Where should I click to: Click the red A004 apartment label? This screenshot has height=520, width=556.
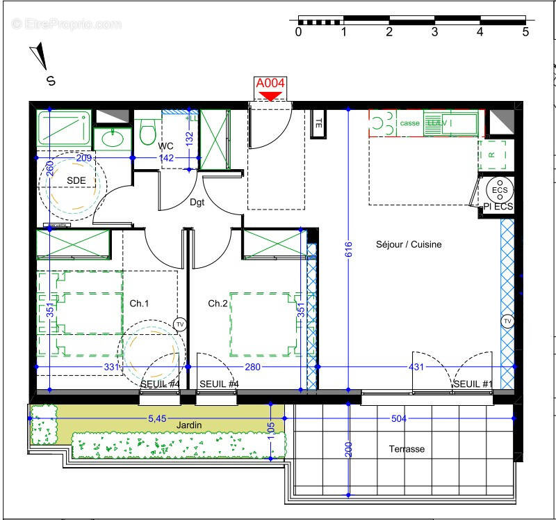(270, 83)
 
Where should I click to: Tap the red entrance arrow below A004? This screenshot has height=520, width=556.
(270, 96)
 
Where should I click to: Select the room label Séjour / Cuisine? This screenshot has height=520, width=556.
(409, 244)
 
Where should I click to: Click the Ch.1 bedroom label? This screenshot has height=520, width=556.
(140, 304)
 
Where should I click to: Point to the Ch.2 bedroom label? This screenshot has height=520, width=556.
(218, 304)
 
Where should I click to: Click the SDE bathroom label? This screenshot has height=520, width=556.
(76, 180)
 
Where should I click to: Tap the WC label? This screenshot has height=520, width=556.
(165, 146)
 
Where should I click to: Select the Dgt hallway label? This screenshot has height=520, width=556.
(197, 203)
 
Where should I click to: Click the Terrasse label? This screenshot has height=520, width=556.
(407, 449)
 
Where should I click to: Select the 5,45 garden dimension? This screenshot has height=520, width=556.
(158, 418)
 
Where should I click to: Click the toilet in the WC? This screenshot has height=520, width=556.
(147, 131)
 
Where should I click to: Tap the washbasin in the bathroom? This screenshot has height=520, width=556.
(111, 139)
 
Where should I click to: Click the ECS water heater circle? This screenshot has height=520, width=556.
(499, 190)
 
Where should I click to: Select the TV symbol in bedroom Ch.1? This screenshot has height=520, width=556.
(180, 324)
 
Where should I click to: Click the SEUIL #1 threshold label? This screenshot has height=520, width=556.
(473, 384)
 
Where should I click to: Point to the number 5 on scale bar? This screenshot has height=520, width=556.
(525, 31)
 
